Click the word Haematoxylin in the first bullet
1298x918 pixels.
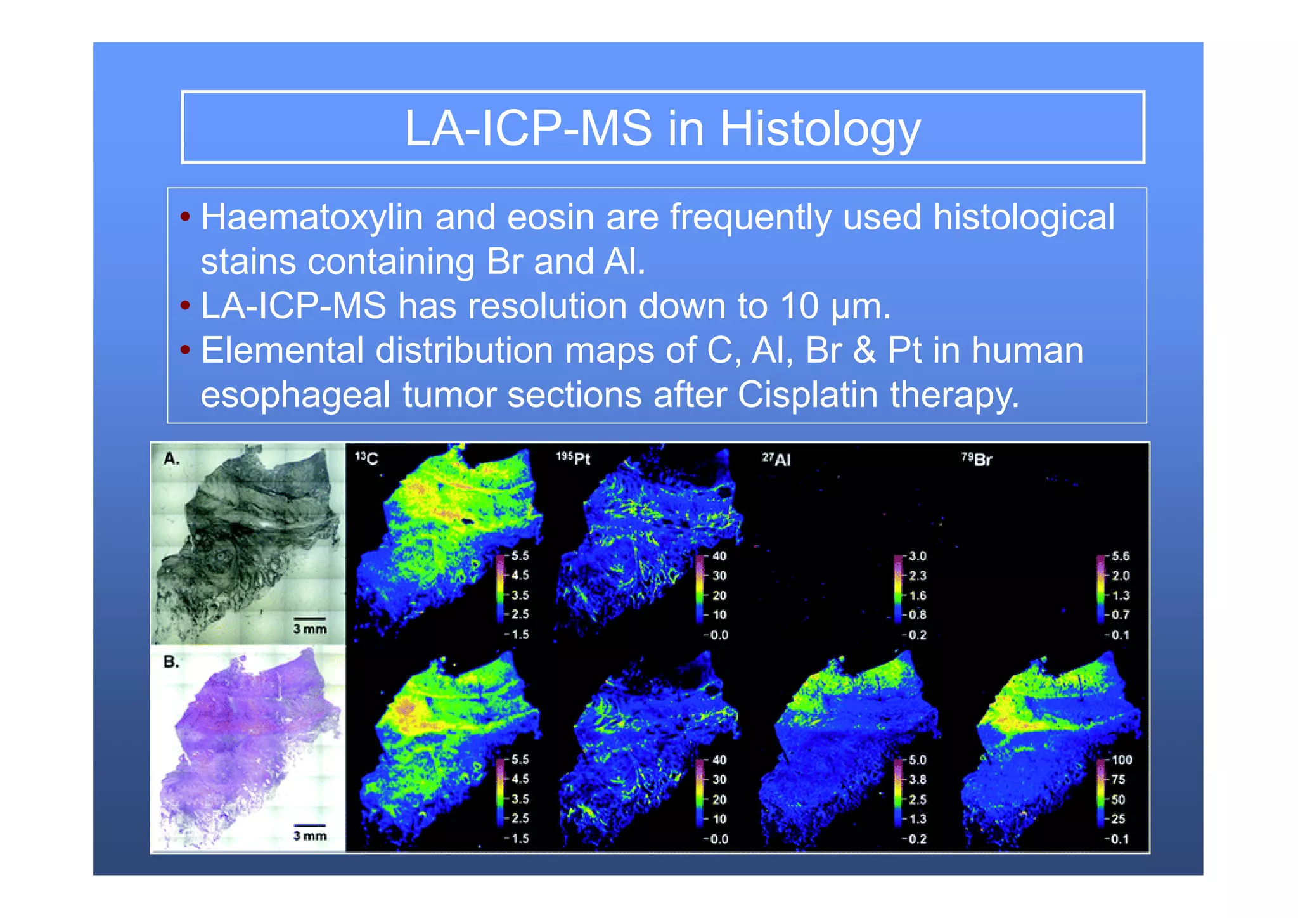[x=311, y=217]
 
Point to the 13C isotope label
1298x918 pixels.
[x=366, y=458]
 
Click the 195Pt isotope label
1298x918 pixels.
[x=573, y=458]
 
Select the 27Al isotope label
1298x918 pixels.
[x=776, y=459]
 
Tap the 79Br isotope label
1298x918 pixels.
[x=977, y=459]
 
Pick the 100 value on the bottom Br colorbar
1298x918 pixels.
[x=1121, y=760]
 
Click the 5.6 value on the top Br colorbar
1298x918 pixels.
[x=1121, y=556]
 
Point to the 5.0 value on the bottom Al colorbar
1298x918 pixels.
[x=917, y=760]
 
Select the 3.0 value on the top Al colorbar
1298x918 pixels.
[x=917, y=556]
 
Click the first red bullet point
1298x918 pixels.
[x=185, y=217]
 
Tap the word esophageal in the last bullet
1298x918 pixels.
[x=295, y=396]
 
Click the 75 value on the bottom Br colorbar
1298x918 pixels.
[x=1119, y=779]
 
